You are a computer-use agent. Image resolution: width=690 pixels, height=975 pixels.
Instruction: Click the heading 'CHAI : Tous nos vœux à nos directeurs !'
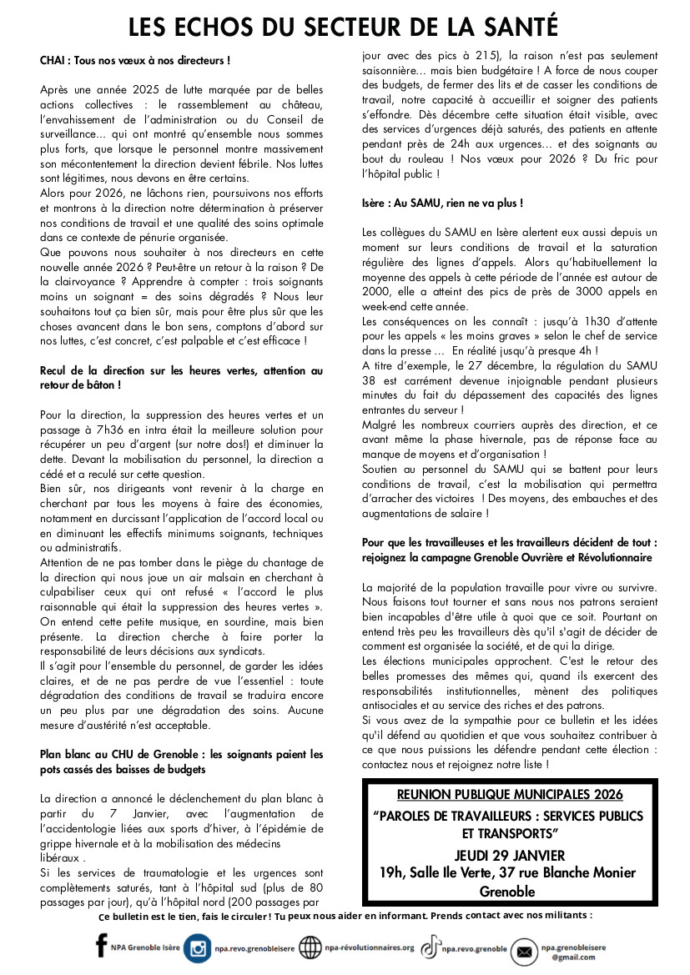coord(134,61)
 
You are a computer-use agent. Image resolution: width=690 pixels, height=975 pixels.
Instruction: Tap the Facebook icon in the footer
coord(102,946)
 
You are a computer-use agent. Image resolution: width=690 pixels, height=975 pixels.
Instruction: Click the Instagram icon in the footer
coord(198,947)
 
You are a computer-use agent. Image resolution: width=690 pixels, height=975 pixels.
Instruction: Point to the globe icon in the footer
coord(310,947)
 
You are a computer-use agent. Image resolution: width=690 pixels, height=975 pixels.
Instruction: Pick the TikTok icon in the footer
coord(430,947)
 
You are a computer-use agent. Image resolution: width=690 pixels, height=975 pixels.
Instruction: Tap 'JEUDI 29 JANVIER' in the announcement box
coord(509,855)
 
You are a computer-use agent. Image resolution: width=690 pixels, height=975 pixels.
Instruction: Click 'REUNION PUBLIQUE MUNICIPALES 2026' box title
coord(509,795)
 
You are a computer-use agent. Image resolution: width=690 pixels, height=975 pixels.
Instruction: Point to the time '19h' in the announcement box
coord(392,872)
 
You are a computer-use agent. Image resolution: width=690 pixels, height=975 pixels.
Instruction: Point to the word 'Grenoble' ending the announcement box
coord(509,891)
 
